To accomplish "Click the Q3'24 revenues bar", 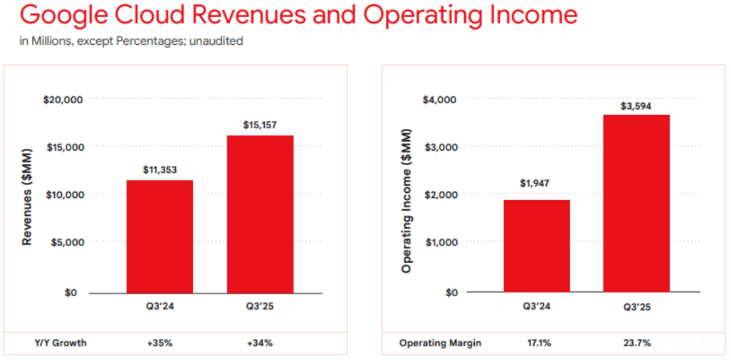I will pyautogui.click(x=160, y=236).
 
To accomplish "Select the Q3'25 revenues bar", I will pyautogui.click(x=260, y=214).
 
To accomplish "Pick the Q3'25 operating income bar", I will pyautogui.click(x=636, y=203).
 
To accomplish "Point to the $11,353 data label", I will pyautogui.click(x=160, y=170).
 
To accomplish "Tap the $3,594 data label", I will pyautogui.click(x=636, y=105).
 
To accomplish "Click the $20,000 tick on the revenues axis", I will pyautogui.click(x=64, y=99).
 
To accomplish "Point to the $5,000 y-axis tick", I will pyautogui.click(x=67, y=242).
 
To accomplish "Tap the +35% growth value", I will pyautogui.click(x=160, y=343).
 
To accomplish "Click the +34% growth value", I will pyautogui.click(x=260, y=343).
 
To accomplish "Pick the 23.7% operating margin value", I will pyautogui.click(x=636, y=343).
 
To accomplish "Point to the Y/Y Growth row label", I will pyautogui.click(x=61, y=343).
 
